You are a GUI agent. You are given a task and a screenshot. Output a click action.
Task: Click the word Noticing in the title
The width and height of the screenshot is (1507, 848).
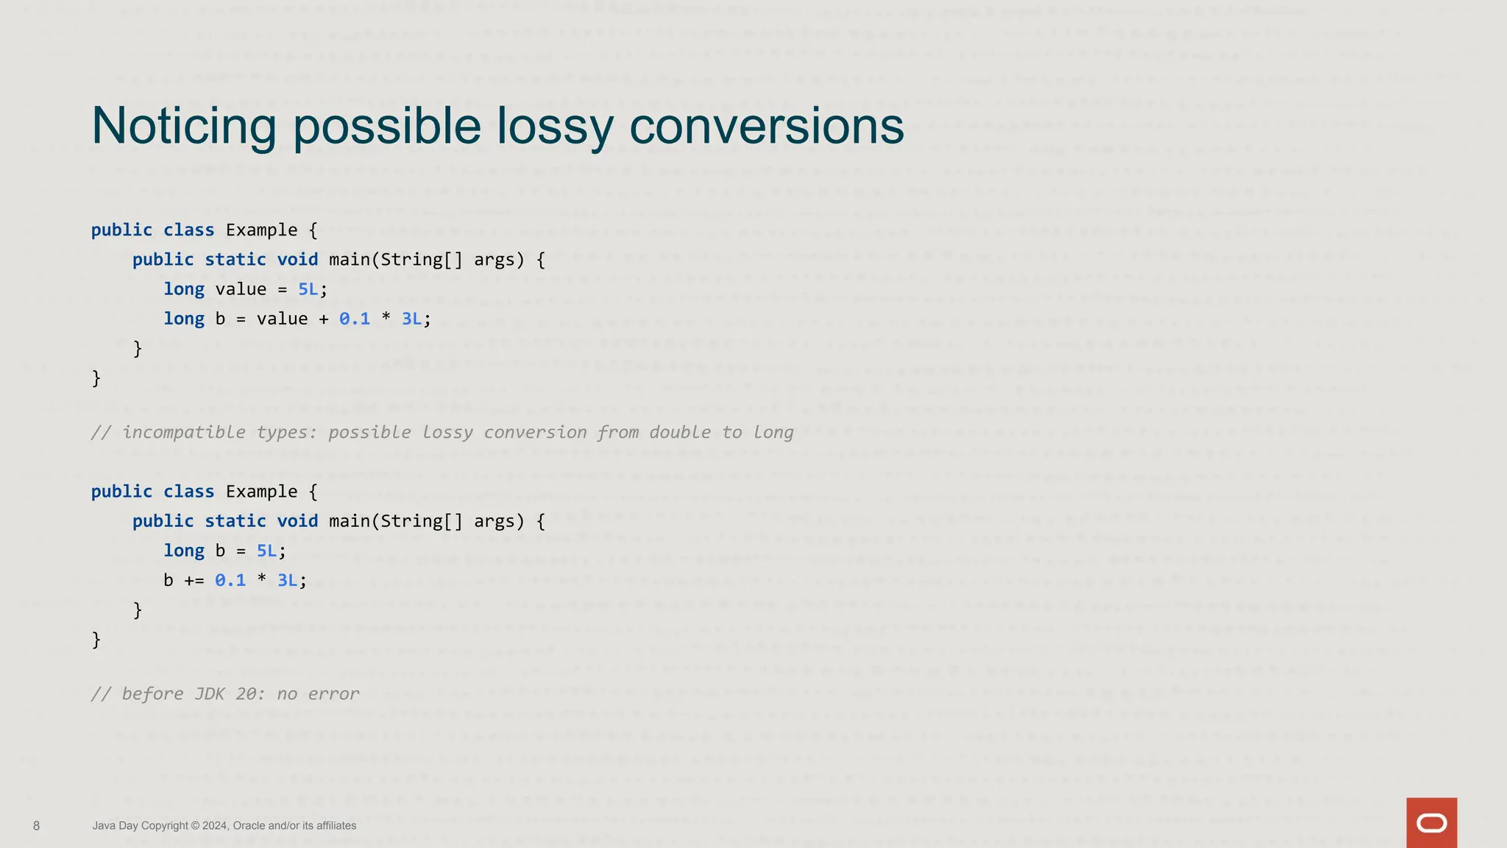[183, 126]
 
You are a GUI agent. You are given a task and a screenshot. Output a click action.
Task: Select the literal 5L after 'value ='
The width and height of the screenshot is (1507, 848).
[308, 289]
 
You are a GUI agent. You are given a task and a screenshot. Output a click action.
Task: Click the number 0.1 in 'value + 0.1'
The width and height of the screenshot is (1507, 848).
[355, 319]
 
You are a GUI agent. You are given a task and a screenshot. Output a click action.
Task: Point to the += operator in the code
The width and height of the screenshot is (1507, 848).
[194, 581]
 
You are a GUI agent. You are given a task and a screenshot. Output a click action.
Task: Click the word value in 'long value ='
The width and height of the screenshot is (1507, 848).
[241, 289]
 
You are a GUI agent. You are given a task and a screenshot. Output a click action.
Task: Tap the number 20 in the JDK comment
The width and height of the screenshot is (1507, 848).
[246, 694]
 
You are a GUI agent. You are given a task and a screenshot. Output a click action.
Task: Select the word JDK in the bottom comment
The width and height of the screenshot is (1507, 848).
[210, 694]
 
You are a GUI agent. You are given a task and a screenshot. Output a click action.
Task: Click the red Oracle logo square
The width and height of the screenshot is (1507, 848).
[1431, 822]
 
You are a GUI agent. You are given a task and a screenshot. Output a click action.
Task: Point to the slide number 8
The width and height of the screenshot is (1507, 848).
[37, 826]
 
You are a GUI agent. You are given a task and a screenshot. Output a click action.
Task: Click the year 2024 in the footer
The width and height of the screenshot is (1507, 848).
[214, 826]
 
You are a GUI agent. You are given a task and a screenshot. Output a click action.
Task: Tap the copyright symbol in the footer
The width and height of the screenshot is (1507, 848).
[195, 826]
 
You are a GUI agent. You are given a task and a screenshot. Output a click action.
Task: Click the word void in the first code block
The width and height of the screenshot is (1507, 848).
[297, 260]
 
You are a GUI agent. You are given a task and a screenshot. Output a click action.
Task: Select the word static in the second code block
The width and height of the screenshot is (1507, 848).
[235, 521]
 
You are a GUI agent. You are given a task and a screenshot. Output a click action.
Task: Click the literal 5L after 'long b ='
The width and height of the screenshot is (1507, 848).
[266, 551]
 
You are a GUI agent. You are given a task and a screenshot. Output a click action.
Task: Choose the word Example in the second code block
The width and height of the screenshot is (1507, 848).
[261, 492]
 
